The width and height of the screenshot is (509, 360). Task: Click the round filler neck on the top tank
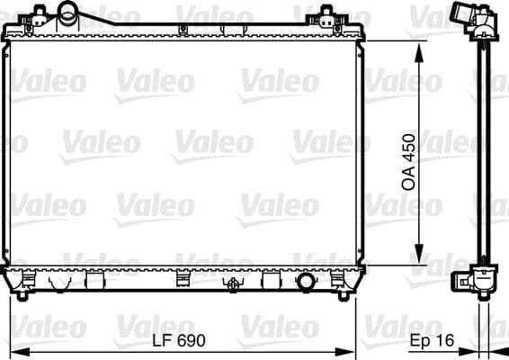68,14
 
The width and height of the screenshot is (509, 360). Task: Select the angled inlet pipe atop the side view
467,17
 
